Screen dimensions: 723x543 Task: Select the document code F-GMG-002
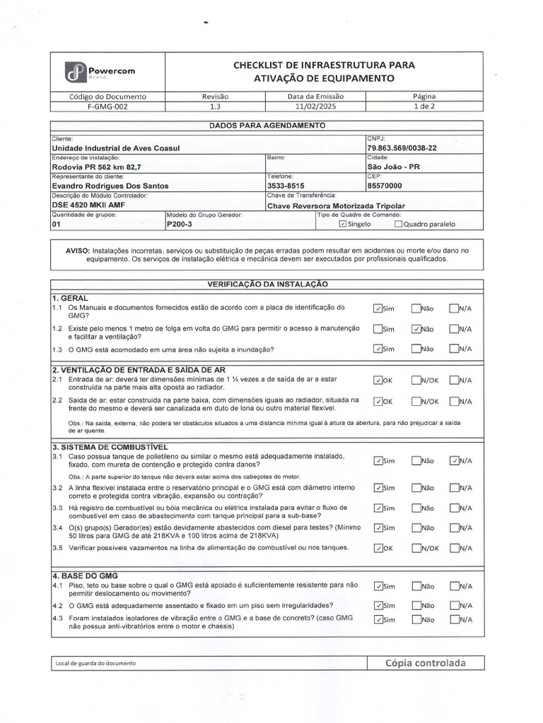(107, 106)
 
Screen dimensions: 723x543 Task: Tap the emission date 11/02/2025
(315, 106)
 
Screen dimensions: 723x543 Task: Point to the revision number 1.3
(216, 106)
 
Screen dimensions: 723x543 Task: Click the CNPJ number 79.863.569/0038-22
(402, 148)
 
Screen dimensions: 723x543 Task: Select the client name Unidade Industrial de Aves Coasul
(117, 148)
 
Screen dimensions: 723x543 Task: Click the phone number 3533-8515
(286, 186)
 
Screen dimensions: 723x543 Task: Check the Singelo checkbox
(343, 225)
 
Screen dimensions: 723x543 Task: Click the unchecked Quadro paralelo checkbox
(398, 225)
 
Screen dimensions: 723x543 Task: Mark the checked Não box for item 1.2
(416, 328)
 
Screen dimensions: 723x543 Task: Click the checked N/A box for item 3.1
(454, 460)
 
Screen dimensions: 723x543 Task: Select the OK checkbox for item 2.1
(378, 380)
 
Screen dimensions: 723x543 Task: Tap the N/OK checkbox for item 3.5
(416, 548)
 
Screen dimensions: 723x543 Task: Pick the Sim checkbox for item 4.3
(378, 620)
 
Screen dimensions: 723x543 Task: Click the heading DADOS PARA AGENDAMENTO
(267, 125)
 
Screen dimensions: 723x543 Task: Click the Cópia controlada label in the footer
(426, 663)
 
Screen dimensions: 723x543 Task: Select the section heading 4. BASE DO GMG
(84, 575)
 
